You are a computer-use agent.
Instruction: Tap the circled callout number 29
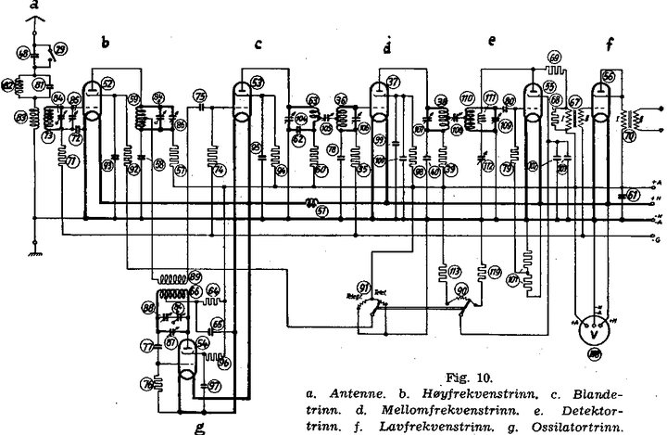coord(60,47)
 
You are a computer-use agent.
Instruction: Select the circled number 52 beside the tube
coord(108,83)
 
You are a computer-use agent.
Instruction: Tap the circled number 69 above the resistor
coord(554,57)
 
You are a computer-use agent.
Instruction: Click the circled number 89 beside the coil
coord(195,275)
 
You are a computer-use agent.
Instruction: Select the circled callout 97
coord(214,384)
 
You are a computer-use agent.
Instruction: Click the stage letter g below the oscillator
coord(198,428)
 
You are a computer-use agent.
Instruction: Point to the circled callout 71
coord(64,160)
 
